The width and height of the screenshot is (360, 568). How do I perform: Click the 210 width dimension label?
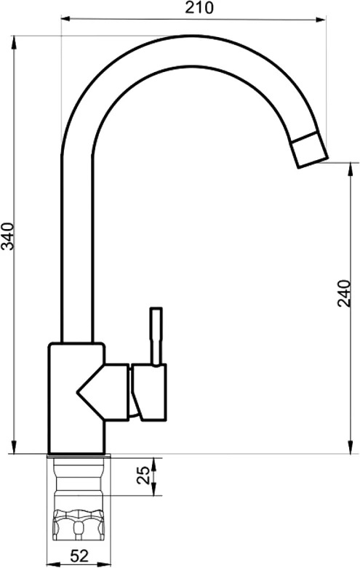pos(199,7)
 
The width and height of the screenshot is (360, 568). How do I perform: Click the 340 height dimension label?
pos(7,236)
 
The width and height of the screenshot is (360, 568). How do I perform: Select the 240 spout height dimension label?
pos(344,293)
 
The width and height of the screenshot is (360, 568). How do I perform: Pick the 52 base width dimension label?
pos(79,556)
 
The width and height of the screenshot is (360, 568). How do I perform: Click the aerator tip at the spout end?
pos(310,150)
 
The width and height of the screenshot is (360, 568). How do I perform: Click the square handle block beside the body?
pos(149,392)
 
